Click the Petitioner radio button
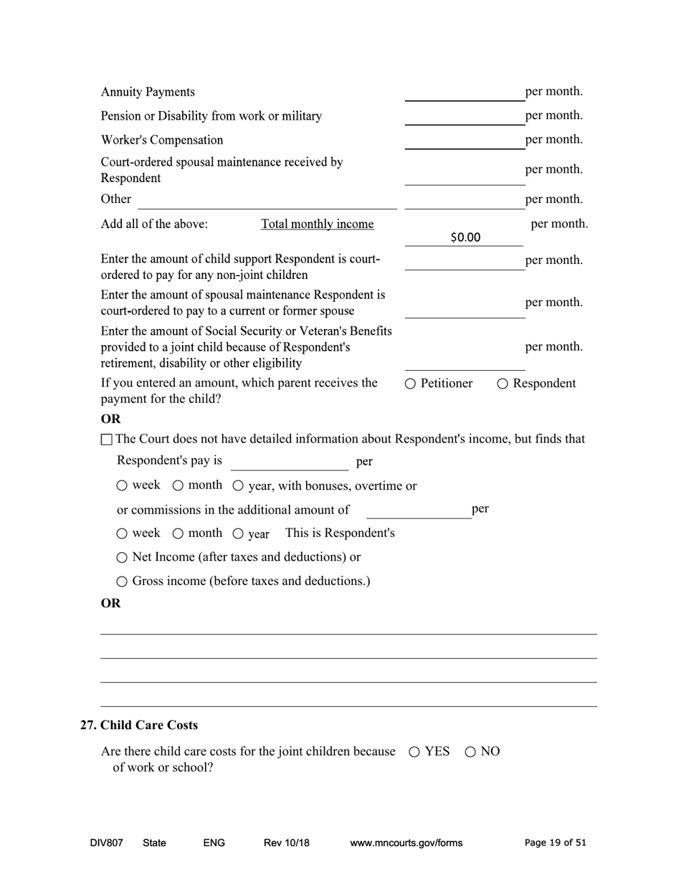coord(410,384)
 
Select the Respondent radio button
coord(503,384)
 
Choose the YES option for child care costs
coord(414,751)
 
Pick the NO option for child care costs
coord(470,751)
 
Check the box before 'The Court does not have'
coord(107,439)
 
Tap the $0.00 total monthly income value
coord(465,237)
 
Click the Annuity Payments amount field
coord(464,93)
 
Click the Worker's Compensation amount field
coord(464,141)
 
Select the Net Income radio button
coord(122,557)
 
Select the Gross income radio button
coord(122,582)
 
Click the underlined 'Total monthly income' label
coord(317,224)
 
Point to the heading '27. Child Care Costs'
coord(139,725)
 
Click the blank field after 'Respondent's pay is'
coord(289,462)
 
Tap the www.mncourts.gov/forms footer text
coord(406,843)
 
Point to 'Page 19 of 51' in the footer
coord(555,843)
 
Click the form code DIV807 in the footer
coord(106,843)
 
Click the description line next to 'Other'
coord(267,200)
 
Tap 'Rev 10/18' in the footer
coord(286,843)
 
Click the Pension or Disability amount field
coord(464,116)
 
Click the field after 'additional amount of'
coord(419,510)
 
